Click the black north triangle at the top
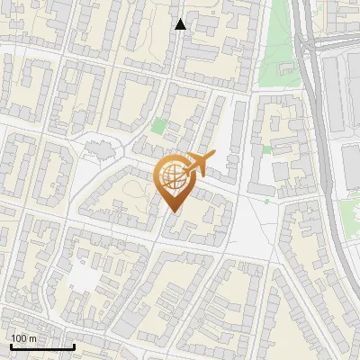tap(181, 24)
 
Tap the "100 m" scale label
tap(23, 338)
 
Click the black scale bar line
tap(41, 346)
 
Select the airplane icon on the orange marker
tap(198, 164)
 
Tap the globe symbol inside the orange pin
tap(173, 177)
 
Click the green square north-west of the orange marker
tap(159, 127)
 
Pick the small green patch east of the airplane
tap(266, 149)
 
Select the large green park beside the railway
tap(279, 49)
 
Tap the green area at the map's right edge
tap(350, 211)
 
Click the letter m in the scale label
tap(32, 338)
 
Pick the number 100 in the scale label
tap(19, 338)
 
